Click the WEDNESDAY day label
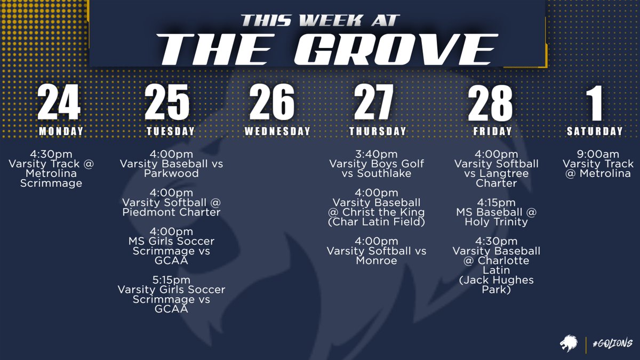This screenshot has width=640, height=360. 277,131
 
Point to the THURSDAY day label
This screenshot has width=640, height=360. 378,131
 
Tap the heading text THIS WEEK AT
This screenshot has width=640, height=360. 320,20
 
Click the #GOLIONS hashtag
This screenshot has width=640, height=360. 612,342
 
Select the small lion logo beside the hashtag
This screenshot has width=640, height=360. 570,342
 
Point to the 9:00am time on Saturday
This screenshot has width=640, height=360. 598,154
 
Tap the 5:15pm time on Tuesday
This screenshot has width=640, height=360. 171,280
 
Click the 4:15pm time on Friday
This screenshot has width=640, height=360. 496,203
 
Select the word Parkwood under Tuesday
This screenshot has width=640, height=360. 172,173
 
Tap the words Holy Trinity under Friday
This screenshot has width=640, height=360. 497,222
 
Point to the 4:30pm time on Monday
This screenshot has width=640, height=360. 51,154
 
